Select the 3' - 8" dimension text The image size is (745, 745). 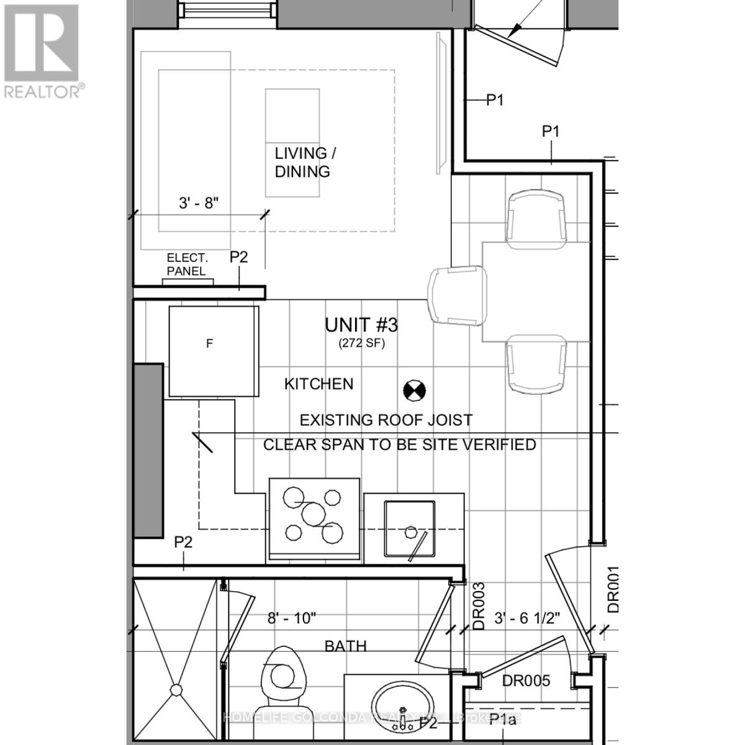199,202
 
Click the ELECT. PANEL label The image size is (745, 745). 187,264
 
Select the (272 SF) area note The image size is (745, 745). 361,343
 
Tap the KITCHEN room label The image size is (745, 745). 318,384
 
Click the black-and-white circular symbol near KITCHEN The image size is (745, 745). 414,390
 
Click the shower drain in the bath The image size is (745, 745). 177,690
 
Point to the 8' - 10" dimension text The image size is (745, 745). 292,618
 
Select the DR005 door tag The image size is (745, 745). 526,681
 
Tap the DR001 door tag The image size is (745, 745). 613,590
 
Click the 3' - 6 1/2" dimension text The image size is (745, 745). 527,618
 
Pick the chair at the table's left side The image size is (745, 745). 457,296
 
